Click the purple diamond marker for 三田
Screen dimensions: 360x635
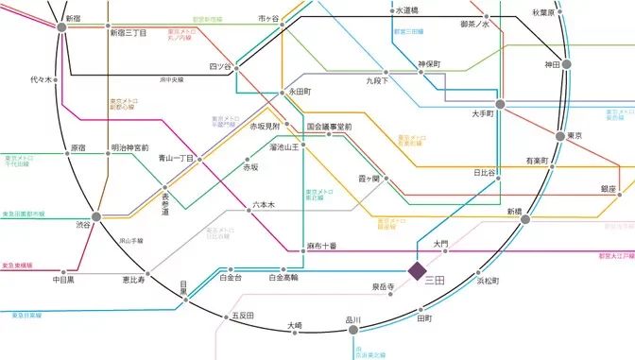417,272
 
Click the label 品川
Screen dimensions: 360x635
353,319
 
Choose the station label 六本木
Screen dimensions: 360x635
264,204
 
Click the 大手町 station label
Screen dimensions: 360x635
485,114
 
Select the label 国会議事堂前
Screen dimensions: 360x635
329,126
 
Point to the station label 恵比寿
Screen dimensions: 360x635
133,280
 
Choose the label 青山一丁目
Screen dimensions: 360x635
176,158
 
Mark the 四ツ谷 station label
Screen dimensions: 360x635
220,66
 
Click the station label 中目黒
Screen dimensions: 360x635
64,280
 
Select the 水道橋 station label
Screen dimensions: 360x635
409,11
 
